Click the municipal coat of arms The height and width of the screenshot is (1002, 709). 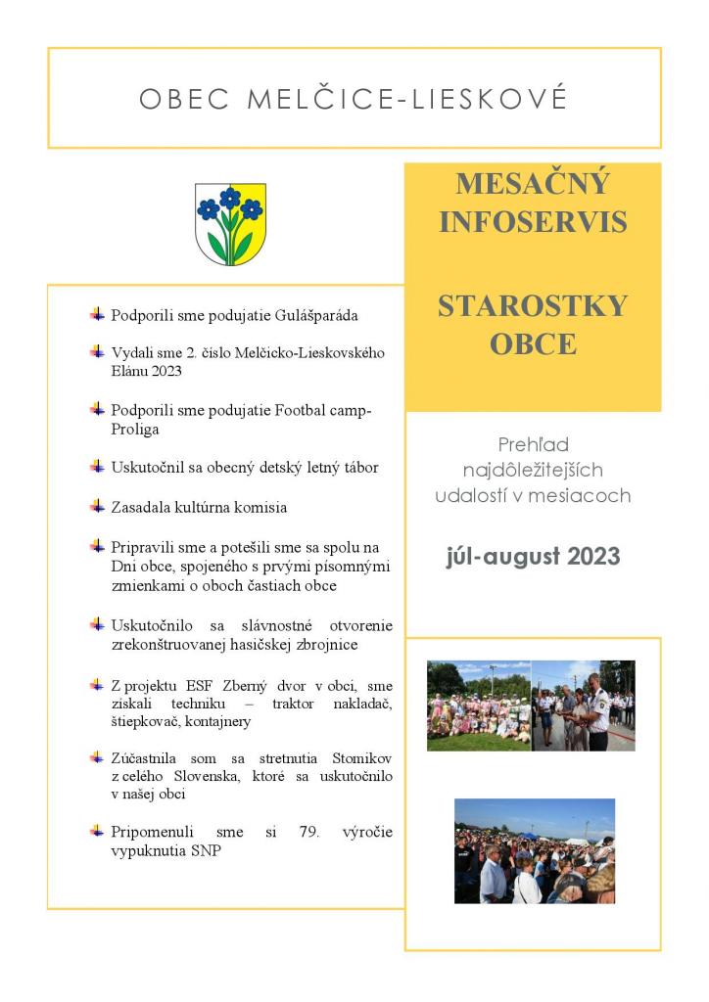tap(230, 224)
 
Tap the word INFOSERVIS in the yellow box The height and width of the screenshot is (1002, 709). tap(533, 222)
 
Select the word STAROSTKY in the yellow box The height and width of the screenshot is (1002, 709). tap(533, 306)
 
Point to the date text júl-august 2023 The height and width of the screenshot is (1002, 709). tap(533, 557)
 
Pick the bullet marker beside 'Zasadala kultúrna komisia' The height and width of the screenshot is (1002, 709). tap(97, 506)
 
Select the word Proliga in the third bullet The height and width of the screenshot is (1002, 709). tap(135, 429)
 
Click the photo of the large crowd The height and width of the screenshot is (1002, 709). tap(534, 850)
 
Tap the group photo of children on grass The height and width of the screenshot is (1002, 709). tap(478, 705)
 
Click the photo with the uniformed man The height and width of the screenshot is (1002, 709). tap(584, 705)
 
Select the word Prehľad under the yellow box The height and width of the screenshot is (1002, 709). tap(533, 445)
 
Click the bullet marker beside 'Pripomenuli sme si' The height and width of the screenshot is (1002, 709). tap(97, 831)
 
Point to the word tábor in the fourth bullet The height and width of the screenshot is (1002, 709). tap(358, 467)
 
